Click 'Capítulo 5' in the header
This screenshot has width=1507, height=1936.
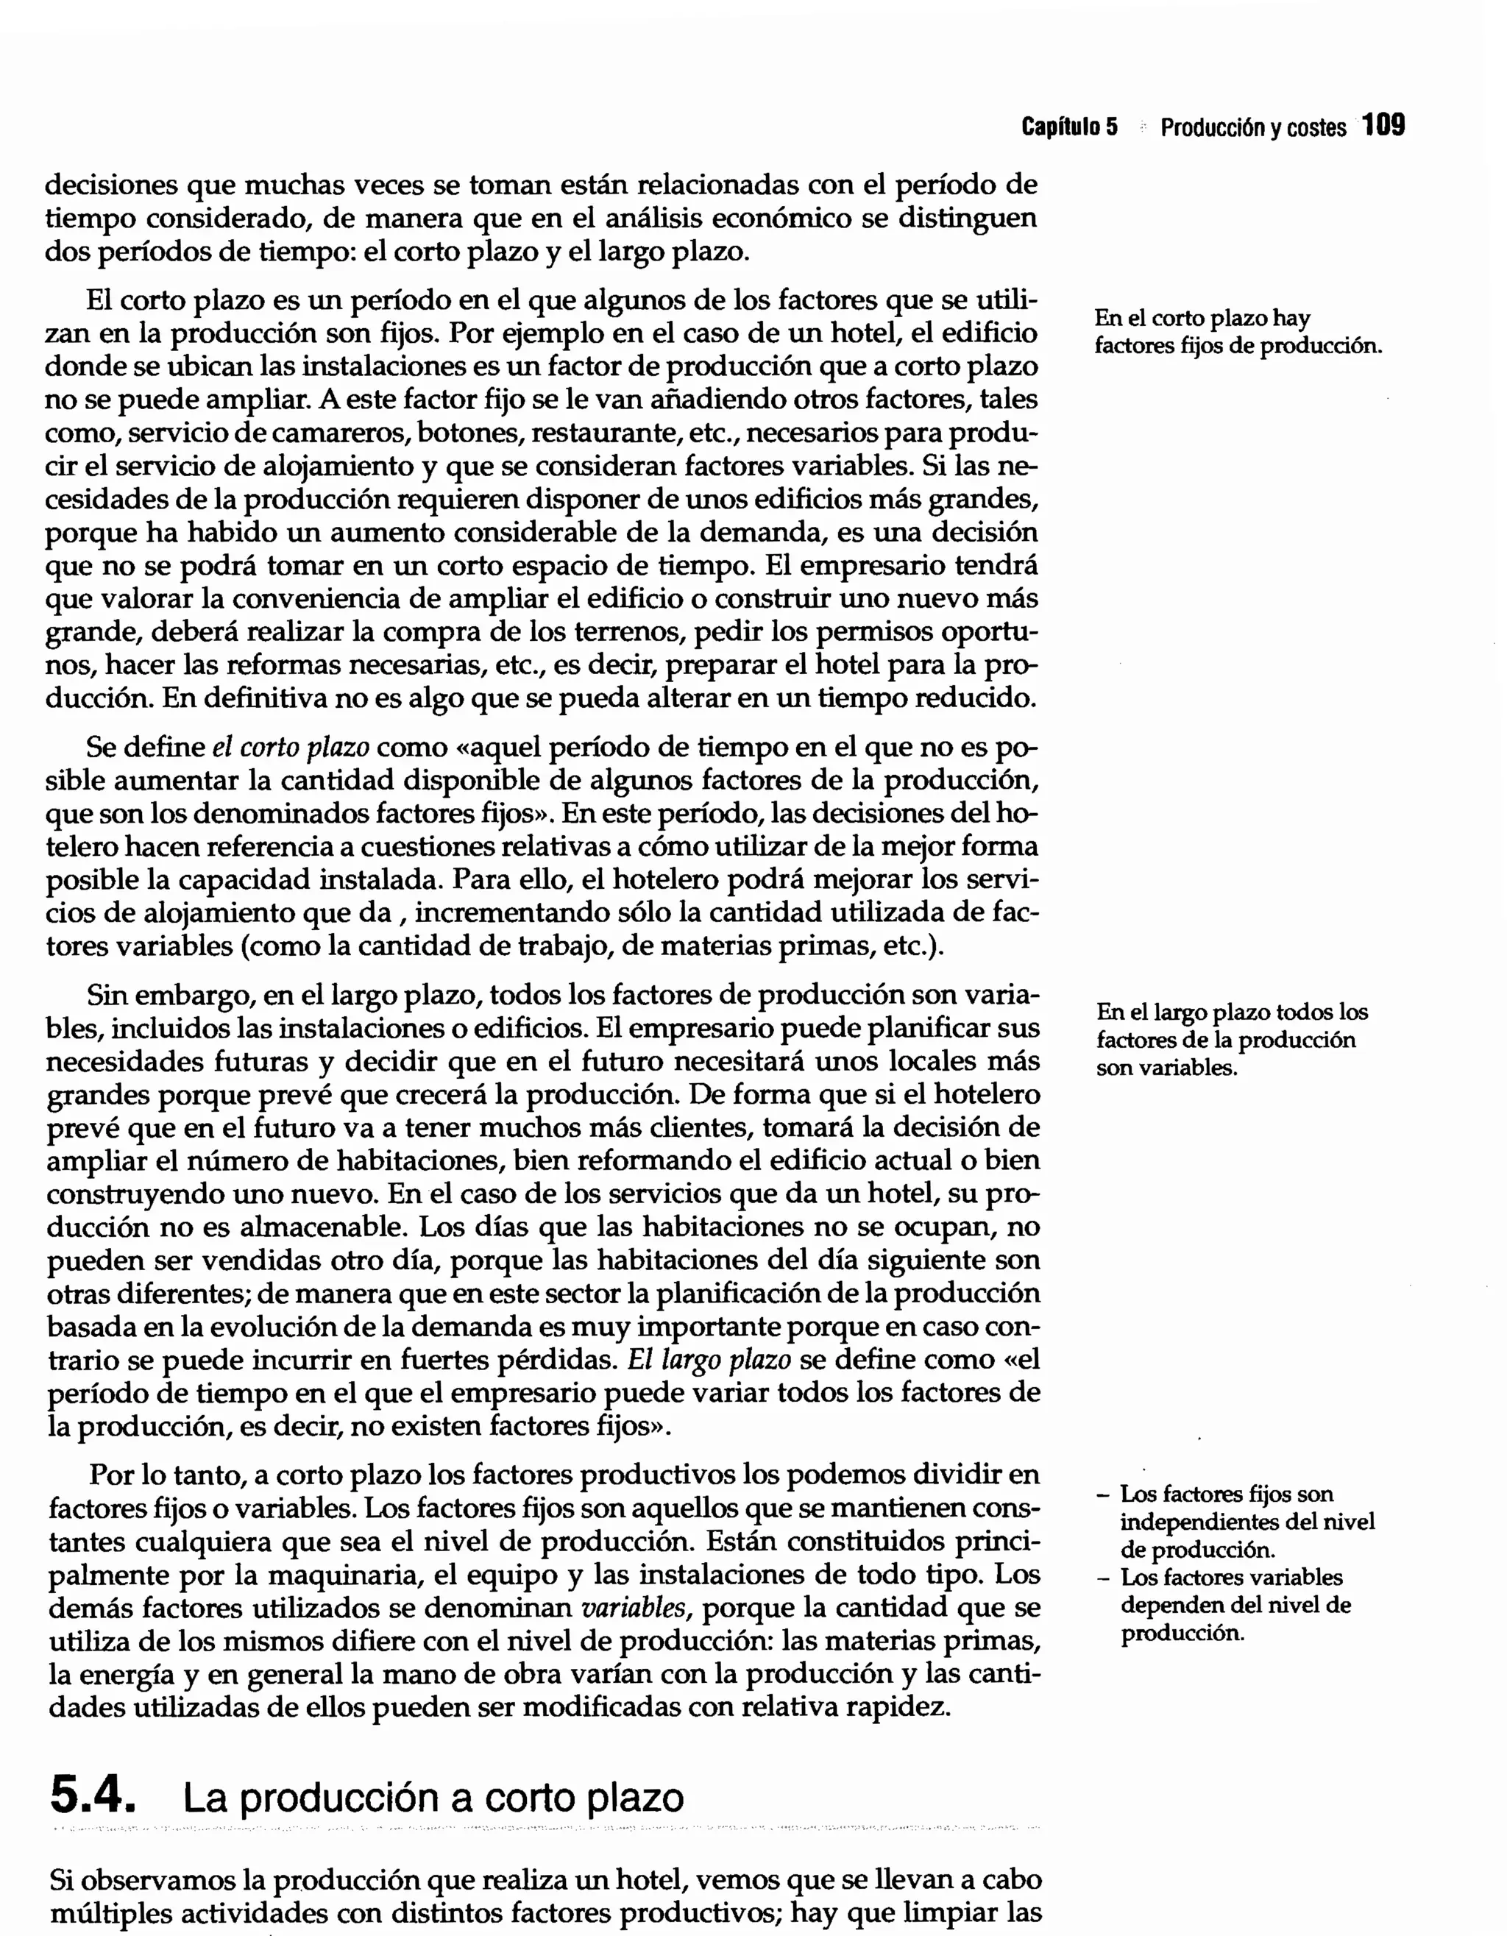pyautogui.click(x=1069, y=127)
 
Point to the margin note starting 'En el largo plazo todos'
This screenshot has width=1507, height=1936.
pyautogui.click(x=1231, y=1012)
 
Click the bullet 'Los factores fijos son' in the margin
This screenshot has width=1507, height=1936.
pyautogui.click(x=1226, y=1494)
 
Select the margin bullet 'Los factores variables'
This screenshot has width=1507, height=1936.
pyautogui.click(x=1231, y=1577)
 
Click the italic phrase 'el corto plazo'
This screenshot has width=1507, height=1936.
pyautogui.click(x=291, y=748)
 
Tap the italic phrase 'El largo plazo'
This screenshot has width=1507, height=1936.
pyautogui.click(x=709, y=1361)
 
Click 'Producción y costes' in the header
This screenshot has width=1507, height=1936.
pyautogui.click(x=1252, y=127)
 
